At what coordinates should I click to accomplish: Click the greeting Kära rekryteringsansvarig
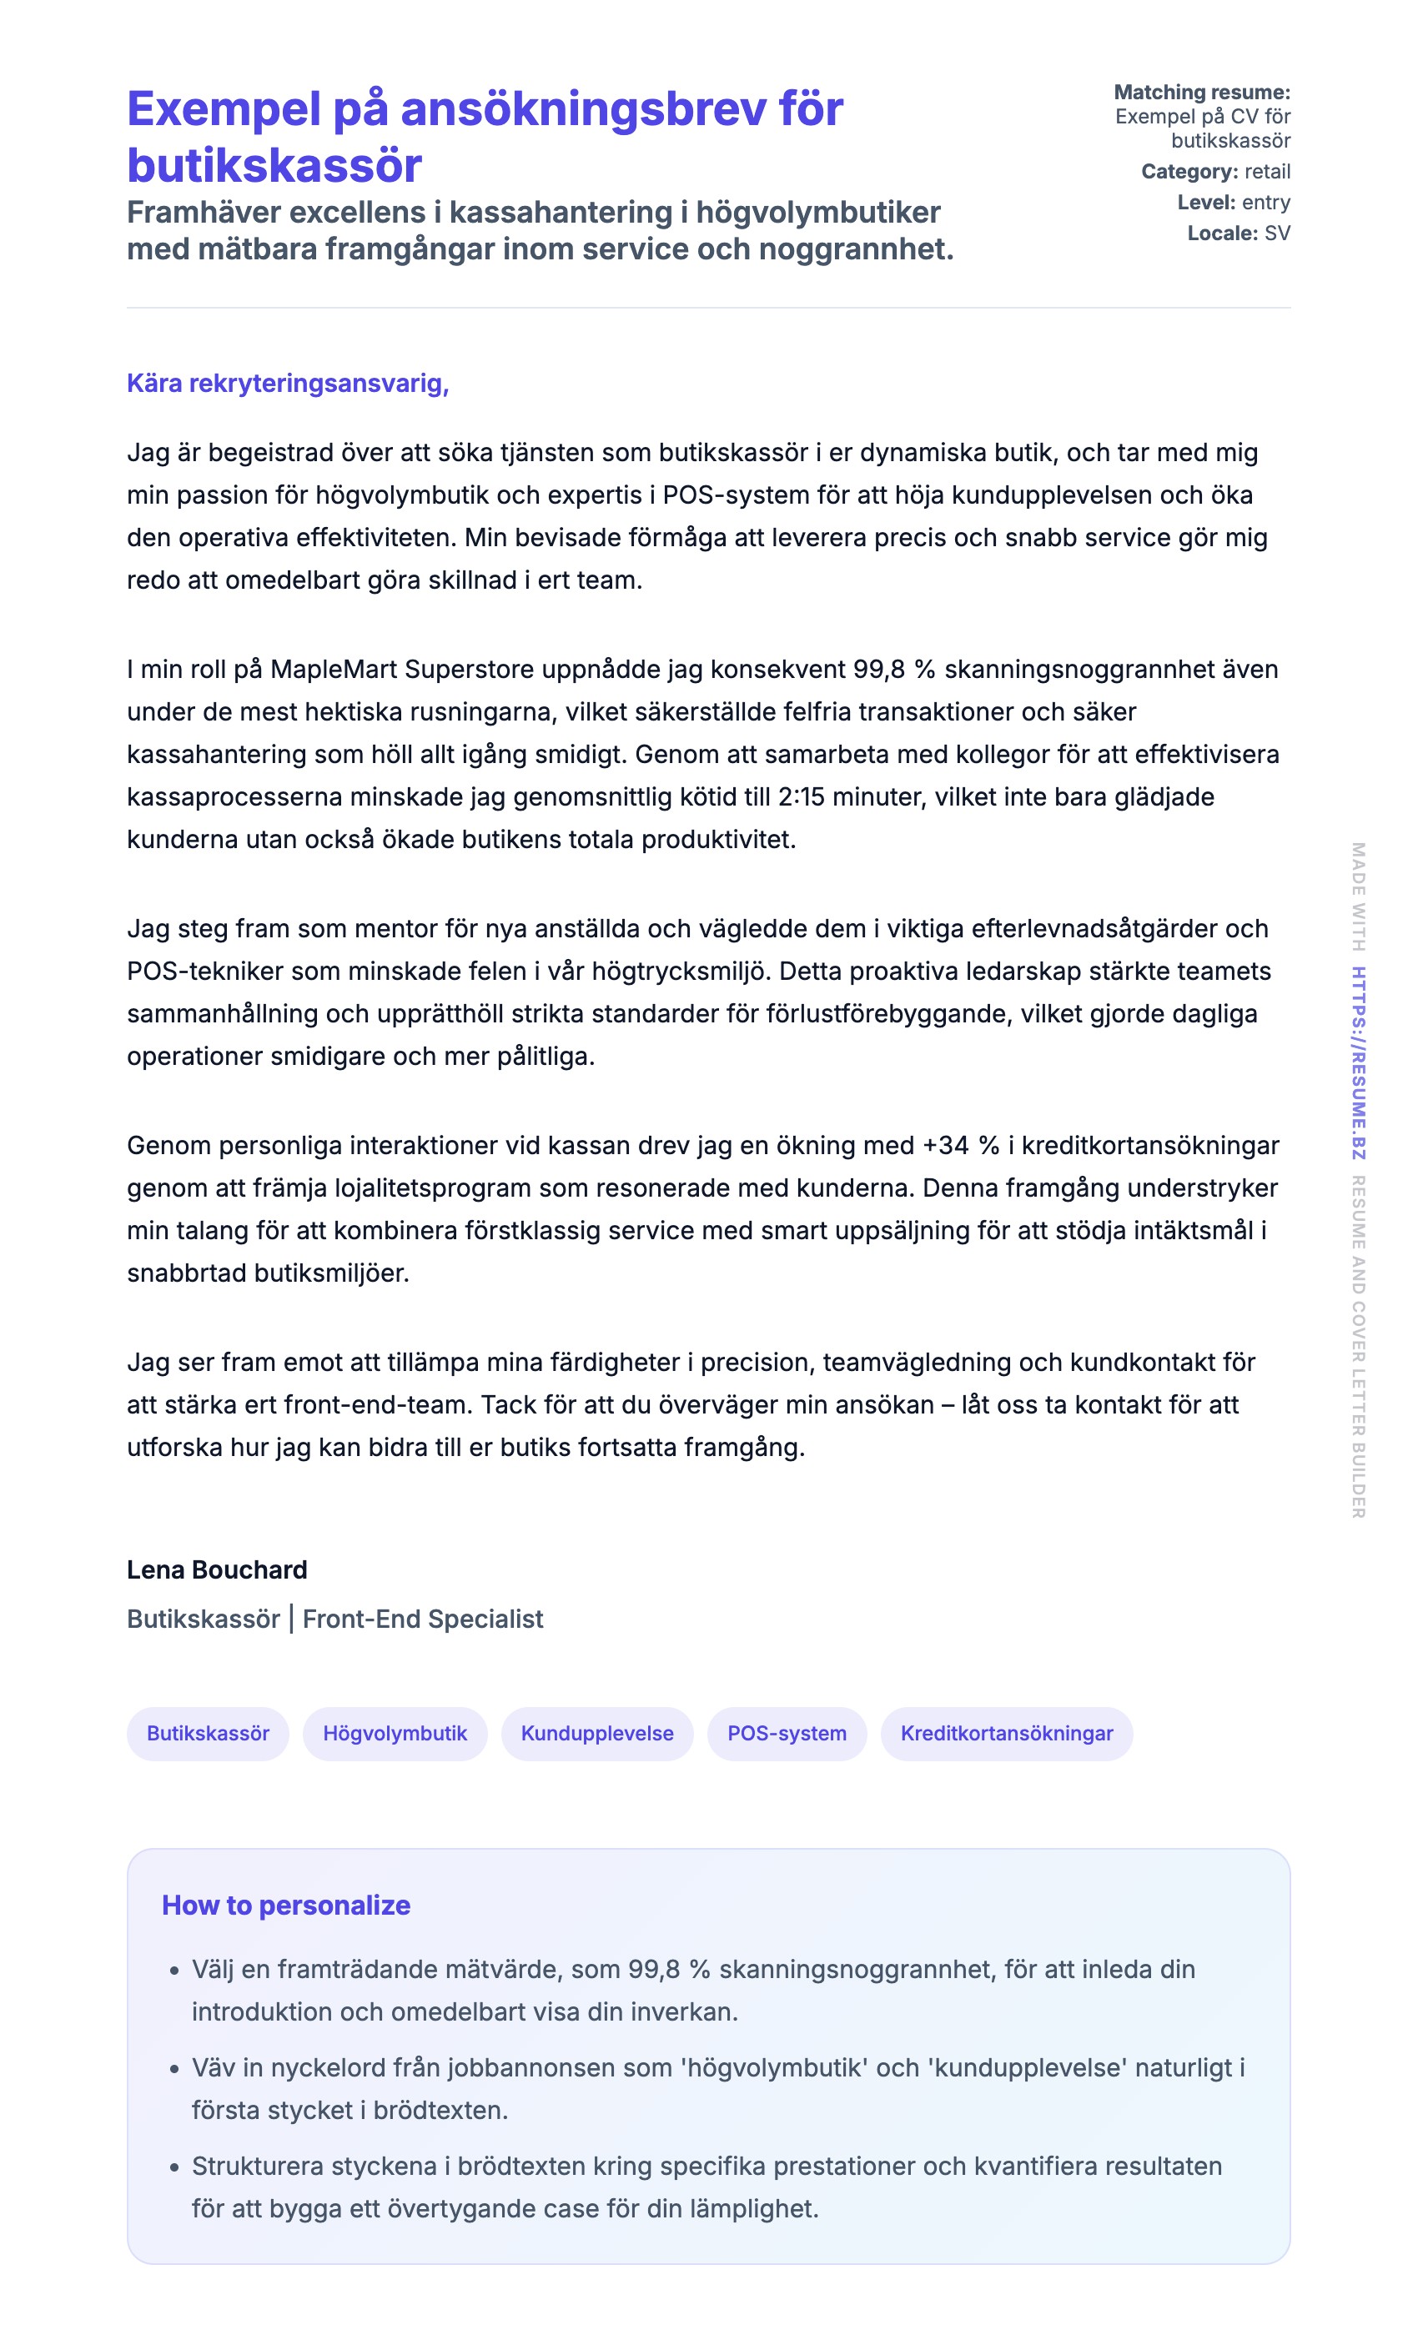288,384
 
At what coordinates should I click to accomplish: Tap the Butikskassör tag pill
208,1733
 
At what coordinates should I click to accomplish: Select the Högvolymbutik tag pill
395,1733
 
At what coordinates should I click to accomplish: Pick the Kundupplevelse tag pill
596,1733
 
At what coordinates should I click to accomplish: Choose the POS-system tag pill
786,1733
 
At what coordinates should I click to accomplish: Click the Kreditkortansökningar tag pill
1006,1733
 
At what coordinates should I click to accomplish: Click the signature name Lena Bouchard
217,1569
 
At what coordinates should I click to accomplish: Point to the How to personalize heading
285,1906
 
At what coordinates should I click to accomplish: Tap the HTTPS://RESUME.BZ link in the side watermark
1358,1063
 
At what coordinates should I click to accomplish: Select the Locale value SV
1277,233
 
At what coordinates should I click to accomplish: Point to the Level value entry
1265,203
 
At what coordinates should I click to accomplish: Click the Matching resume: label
1201,93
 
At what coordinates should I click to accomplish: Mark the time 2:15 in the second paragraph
802,796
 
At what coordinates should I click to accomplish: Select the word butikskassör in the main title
274,166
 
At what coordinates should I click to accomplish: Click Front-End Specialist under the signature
423,1619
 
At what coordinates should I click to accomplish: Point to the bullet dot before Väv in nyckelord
174,2069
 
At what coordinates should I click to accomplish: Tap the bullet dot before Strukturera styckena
174,2167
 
